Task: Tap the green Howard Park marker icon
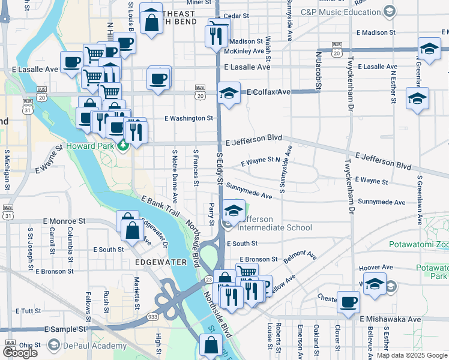point(123,145)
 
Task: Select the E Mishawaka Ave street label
point(391,319)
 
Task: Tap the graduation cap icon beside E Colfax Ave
point(229,94)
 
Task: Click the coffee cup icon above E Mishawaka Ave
point(348,302)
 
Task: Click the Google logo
point(20,353)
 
